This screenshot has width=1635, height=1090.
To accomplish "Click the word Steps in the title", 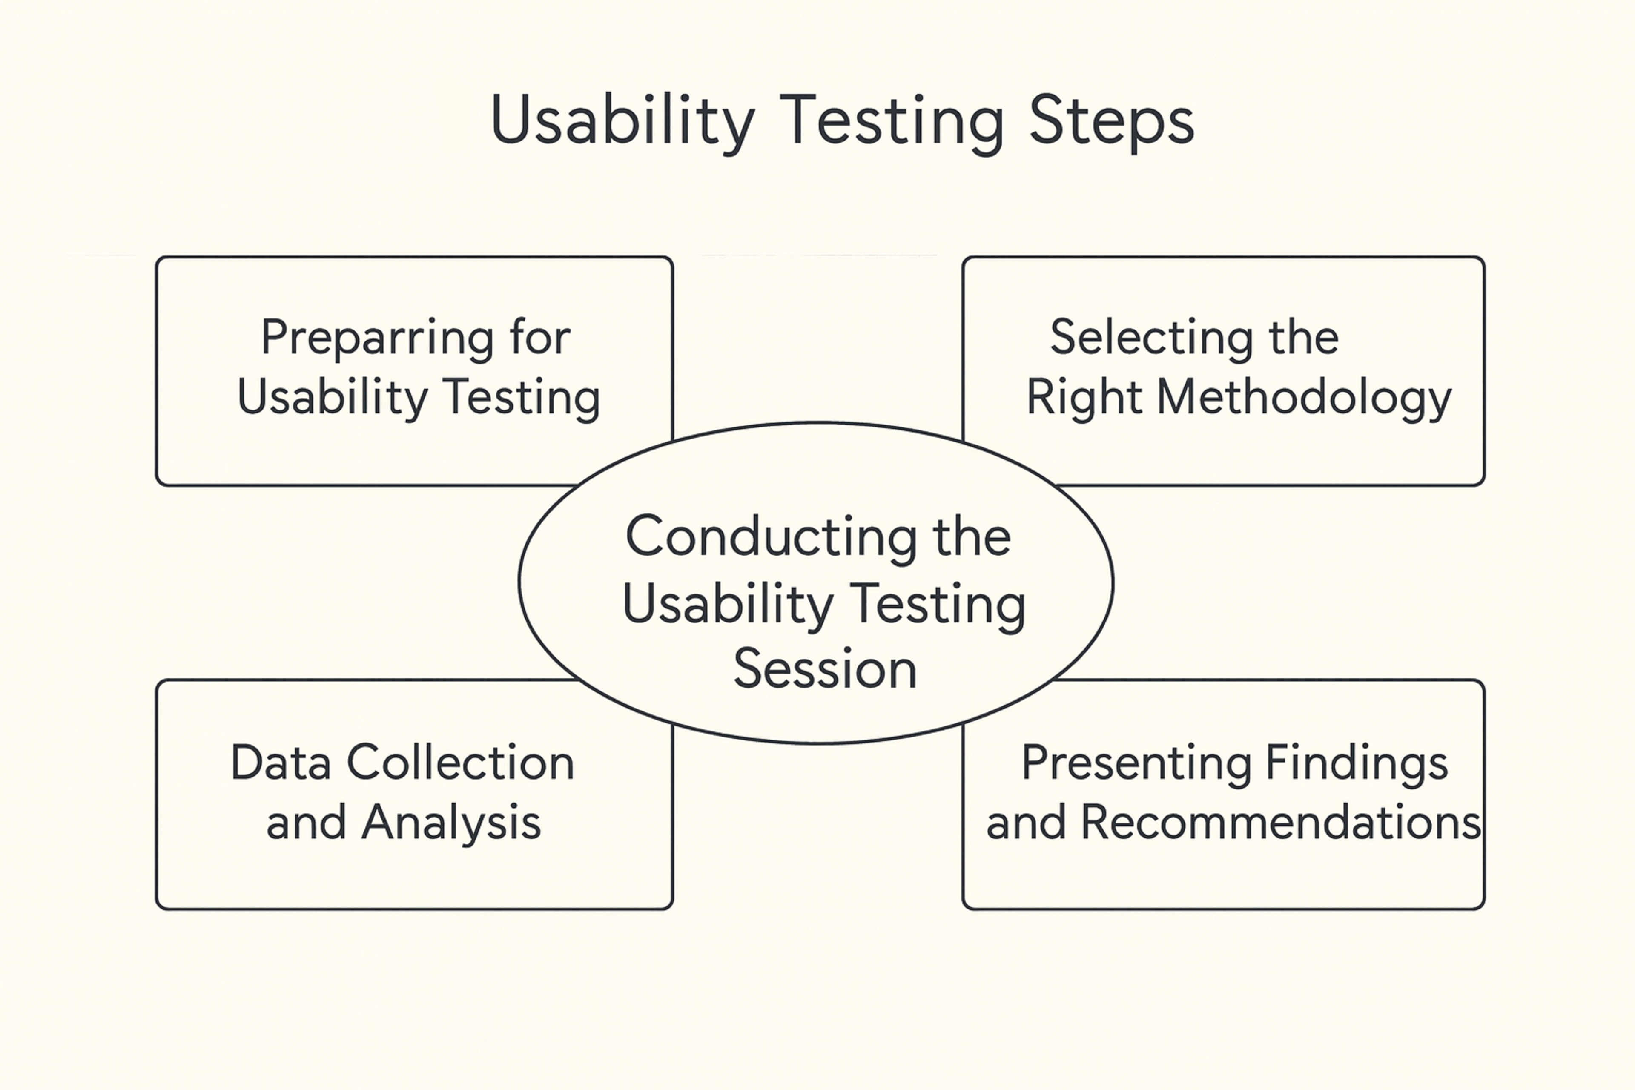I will (1111, 122).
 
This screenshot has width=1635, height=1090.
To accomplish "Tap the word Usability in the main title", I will (622, 122).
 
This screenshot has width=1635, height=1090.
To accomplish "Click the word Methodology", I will (1304, 399).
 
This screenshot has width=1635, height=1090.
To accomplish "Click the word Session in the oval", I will (825, 669).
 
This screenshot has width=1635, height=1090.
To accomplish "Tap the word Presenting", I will (1136, 764).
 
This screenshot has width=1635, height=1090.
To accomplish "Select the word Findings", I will (1356, 764).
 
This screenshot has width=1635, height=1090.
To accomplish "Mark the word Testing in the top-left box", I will (521, 399).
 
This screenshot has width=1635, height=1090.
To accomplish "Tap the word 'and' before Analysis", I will (306, 822).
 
